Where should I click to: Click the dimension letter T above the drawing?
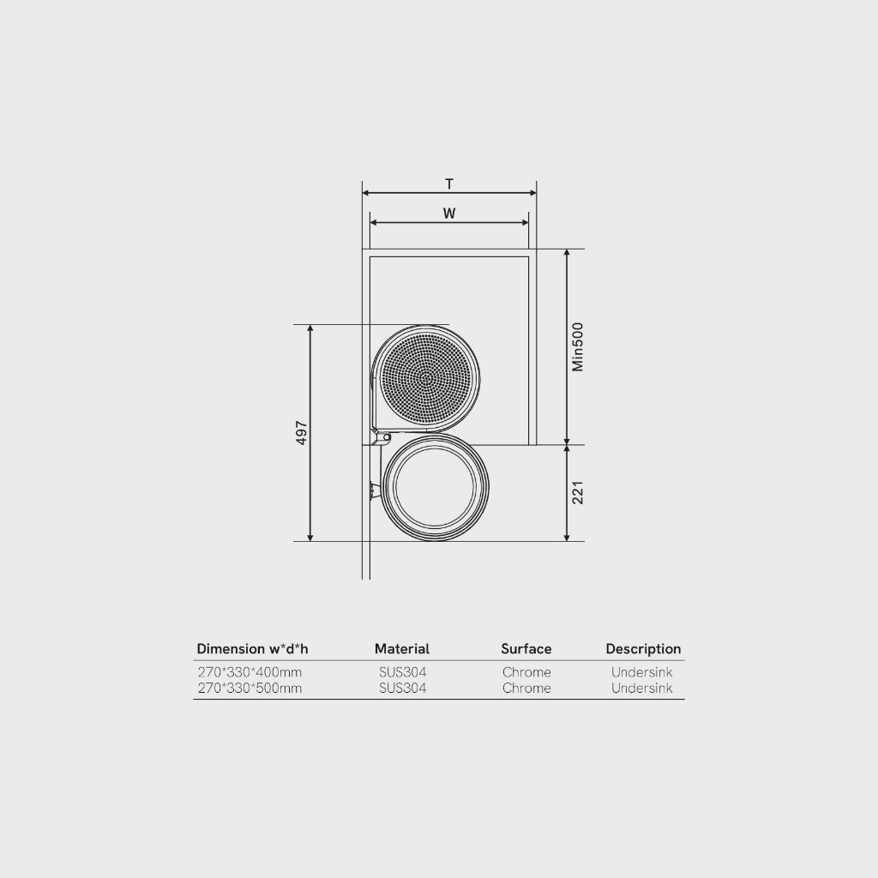click(449, 183)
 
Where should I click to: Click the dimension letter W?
click(449, 213)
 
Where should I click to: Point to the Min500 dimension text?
click(577, 346)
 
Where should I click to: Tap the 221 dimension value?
click(577, 493)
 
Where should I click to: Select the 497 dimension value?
click(301, 433)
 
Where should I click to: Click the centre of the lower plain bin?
click(435, 488)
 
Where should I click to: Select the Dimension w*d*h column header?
click(253, 649)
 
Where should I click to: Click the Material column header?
click(402, 649)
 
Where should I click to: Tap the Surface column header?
click(526, 649)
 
